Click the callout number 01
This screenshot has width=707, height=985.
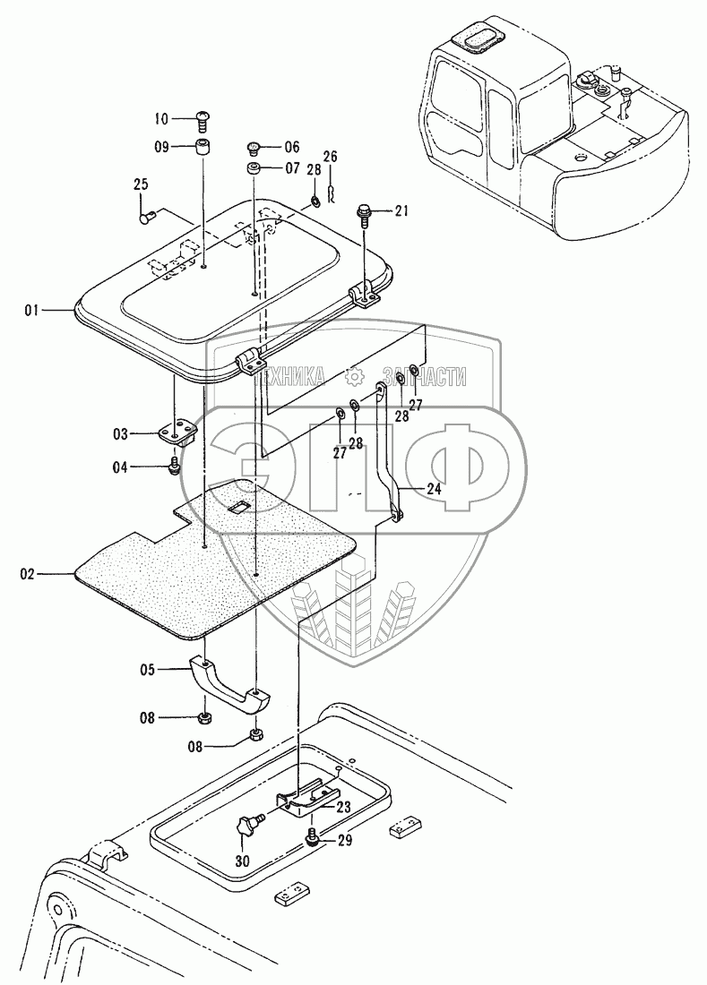pos(31,310)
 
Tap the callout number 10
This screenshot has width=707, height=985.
pos(161,118)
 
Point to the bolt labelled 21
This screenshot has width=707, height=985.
pos(366,212)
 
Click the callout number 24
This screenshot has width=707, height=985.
pos(433,489)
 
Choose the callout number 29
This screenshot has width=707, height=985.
pos(344,842)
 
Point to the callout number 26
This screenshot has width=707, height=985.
pos(330,157)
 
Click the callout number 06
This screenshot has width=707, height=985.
pos(292,148)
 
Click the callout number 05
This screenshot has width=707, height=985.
pos(148,669)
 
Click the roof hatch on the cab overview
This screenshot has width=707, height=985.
pos(474,39)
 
